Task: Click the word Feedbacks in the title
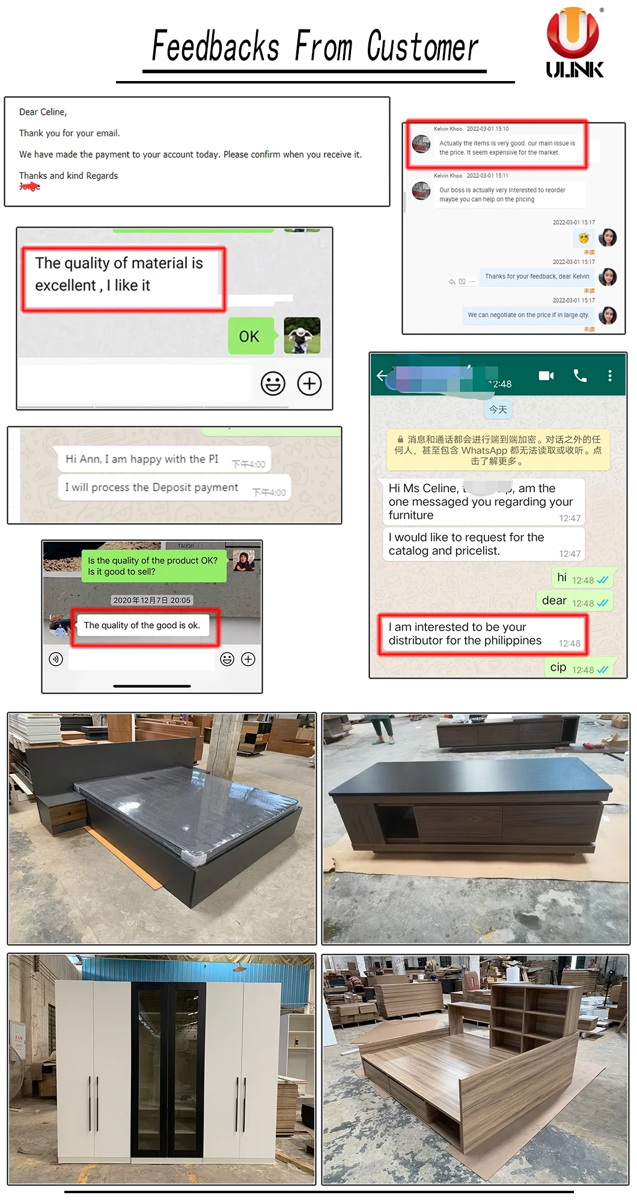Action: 215,47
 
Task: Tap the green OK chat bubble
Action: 250,336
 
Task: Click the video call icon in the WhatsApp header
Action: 546,376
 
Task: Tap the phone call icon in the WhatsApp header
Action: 580,376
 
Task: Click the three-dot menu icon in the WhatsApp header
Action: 609,376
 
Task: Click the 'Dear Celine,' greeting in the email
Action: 43,112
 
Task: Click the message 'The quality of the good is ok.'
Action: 142,626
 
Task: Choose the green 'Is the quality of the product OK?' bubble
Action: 153,566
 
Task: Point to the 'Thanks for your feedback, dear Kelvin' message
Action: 537,276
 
